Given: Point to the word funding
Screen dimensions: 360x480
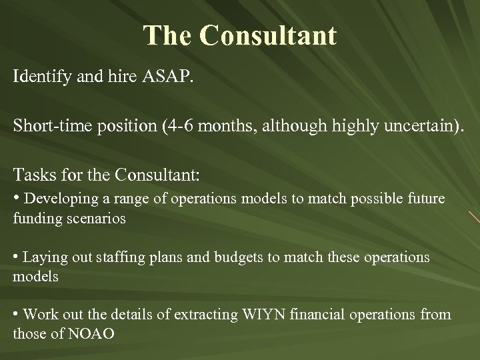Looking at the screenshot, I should click(x=35, y=218).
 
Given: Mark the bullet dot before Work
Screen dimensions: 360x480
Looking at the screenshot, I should click(x=17, y=314).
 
